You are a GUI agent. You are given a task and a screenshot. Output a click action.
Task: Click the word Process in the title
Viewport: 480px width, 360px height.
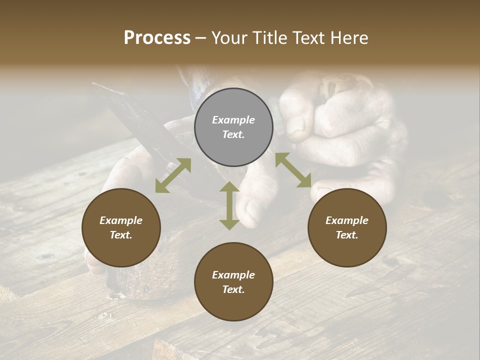pyautogui.click(x=157, y=38)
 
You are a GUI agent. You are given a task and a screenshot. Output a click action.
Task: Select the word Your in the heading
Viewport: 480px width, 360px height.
pyautogui.click(x=229, y=38)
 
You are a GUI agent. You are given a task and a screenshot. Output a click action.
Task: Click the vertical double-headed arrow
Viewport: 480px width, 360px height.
pyautogui.click(x=229, y=205)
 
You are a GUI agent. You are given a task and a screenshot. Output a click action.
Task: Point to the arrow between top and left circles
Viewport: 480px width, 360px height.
pyautogui.click(x=173, y=175)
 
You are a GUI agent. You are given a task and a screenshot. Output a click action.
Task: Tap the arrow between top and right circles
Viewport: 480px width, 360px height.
pyautogui.click(x=293, y=170)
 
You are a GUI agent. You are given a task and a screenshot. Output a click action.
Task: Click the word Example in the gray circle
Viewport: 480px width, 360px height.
pyautogui.click(x=233, y=120)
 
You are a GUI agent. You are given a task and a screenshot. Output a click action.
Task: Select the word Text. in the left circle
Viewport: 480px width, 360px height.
pyautogui.click(x=121, y=235)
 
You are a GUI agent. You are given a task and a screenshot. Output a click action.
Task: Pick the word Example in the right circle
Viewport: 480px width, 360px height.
pyautogui.click(x=347, y=220)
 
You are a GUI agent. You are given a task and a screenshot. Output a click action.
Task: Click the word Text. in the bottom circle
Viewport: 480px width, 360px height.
pyautogui.click(x=233, y=289)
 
